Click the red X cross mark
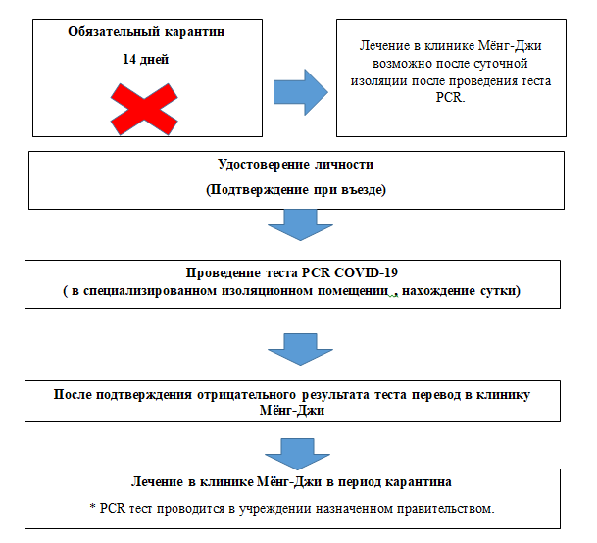click(144, 109)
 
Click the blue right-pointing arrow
click(301, 92)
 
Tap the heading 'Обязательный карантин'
click(146, 32)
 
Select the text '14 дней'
click(145, 59)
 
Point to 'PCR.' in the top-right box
click(450, 97)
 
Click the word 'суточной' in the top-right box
click(501, 63)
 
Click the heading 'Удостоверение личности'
click(295, 164)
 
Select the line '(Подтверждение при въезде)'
click(296, 189)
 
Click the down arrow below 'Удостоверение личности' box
click(300, 225)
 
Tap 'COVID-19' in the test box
click(367, 272)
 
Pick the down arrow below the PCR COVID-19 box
click(300, 349)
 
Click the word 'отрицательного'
click(246, 394)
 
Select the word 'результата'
click(335, 394)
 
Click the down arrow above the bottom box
click(297, 454)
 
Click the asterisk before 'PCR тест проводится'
click(92, 507)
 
